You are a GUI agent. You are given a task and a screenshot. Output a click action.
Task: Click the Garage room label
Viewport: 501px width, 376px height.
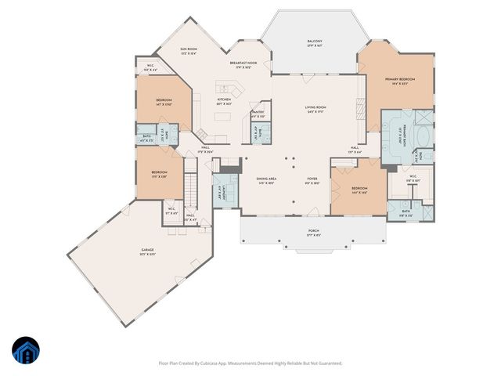point(142,251)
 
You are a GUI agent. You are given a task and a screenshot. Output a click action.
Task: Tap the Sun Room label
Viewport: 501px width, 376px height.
point(189,50)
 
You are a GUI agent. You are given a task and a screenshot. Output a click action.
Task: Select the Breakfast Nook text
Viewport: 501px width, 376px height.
point(244,64)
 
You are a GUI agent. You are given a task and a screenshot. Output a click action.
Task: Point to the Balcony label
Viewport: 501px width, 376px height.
point(315,43)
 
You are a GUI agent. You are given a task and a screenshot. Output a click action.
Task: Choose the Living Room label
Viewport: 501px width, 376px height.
point(315,110)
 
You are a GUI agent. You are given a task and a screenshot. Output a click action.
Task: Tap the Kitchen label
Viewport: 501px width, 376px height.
point(224,102)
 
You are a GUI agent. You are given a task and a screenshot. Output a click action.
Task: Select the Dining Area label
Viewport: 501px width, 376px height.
point(266,181)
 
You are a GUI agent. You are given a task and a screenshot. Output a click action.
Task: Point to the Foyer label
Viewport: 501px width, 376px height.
point(312,181)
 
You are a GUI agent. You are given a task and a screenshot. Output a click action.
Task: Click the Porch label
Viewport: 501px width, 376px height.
point(312,232)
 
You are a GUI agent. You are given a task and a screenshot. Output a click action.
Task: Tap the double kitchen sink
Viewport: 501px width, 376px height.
point(225,89)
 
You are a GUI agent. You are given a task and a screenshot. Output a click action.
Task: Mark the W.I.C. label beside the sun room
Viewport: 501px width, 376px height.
point(150,68)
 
